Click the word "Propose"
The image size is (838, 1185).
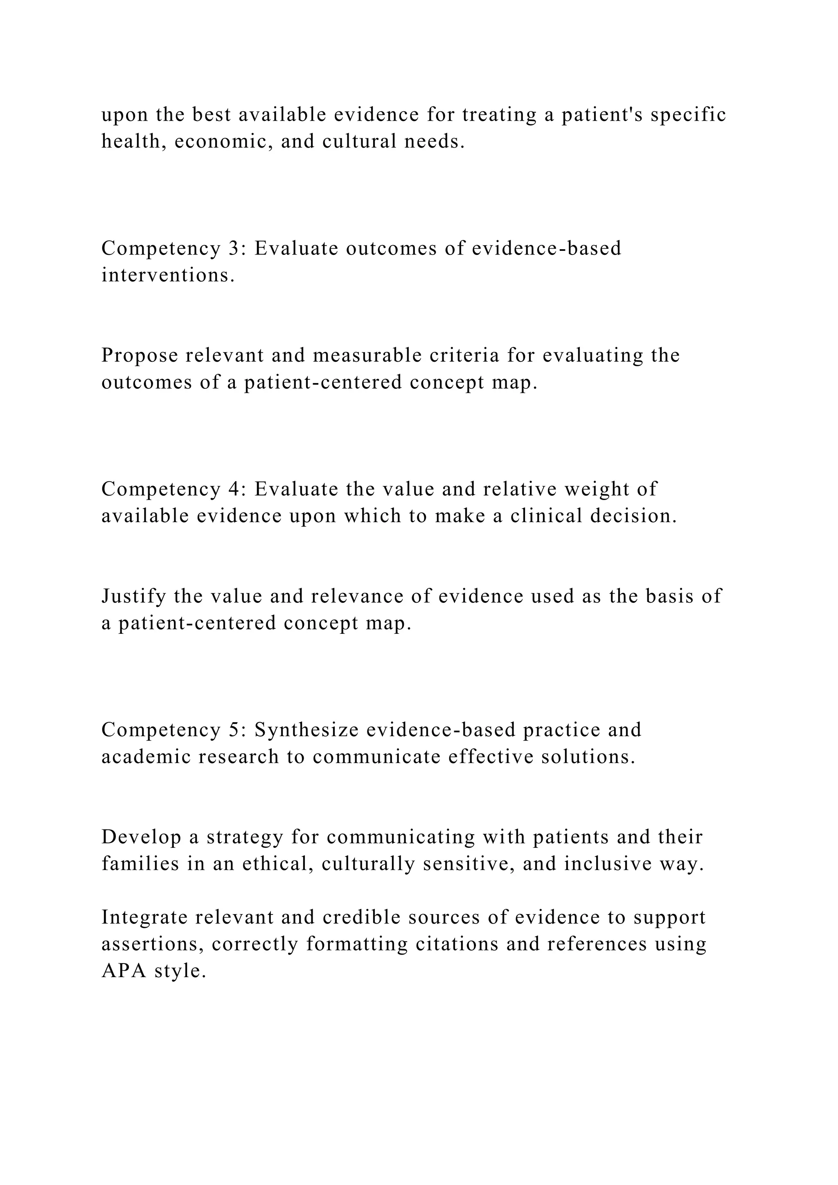pos(139,355)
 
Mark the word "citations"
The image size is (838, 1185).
pos(457,944)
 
